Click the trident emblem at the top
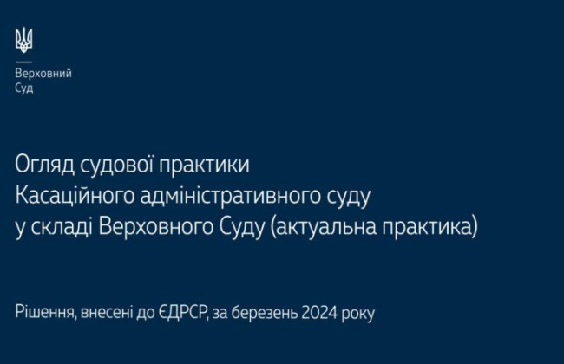[x=23, y=39]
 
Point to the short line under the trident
[x=23, y=62]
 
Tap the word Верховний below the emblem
[x=43, y=74]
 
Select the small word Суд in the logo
[x=24, y=88]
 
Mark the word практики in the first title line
[x=206, y=163]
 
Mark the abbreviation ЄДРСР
[x=185, y=312]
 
